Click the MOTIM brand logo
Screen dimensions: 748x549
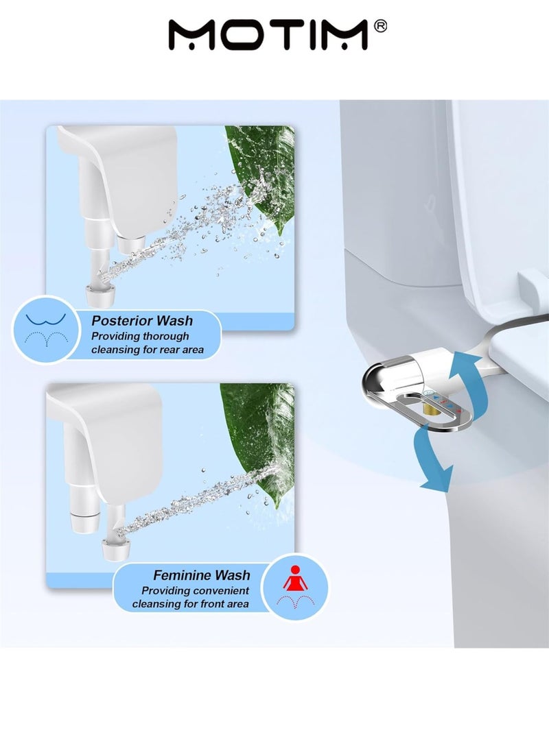268,34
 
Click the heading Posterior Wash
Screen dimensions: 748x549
142,321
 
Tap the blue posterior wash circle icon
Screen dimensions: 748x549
45,328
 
